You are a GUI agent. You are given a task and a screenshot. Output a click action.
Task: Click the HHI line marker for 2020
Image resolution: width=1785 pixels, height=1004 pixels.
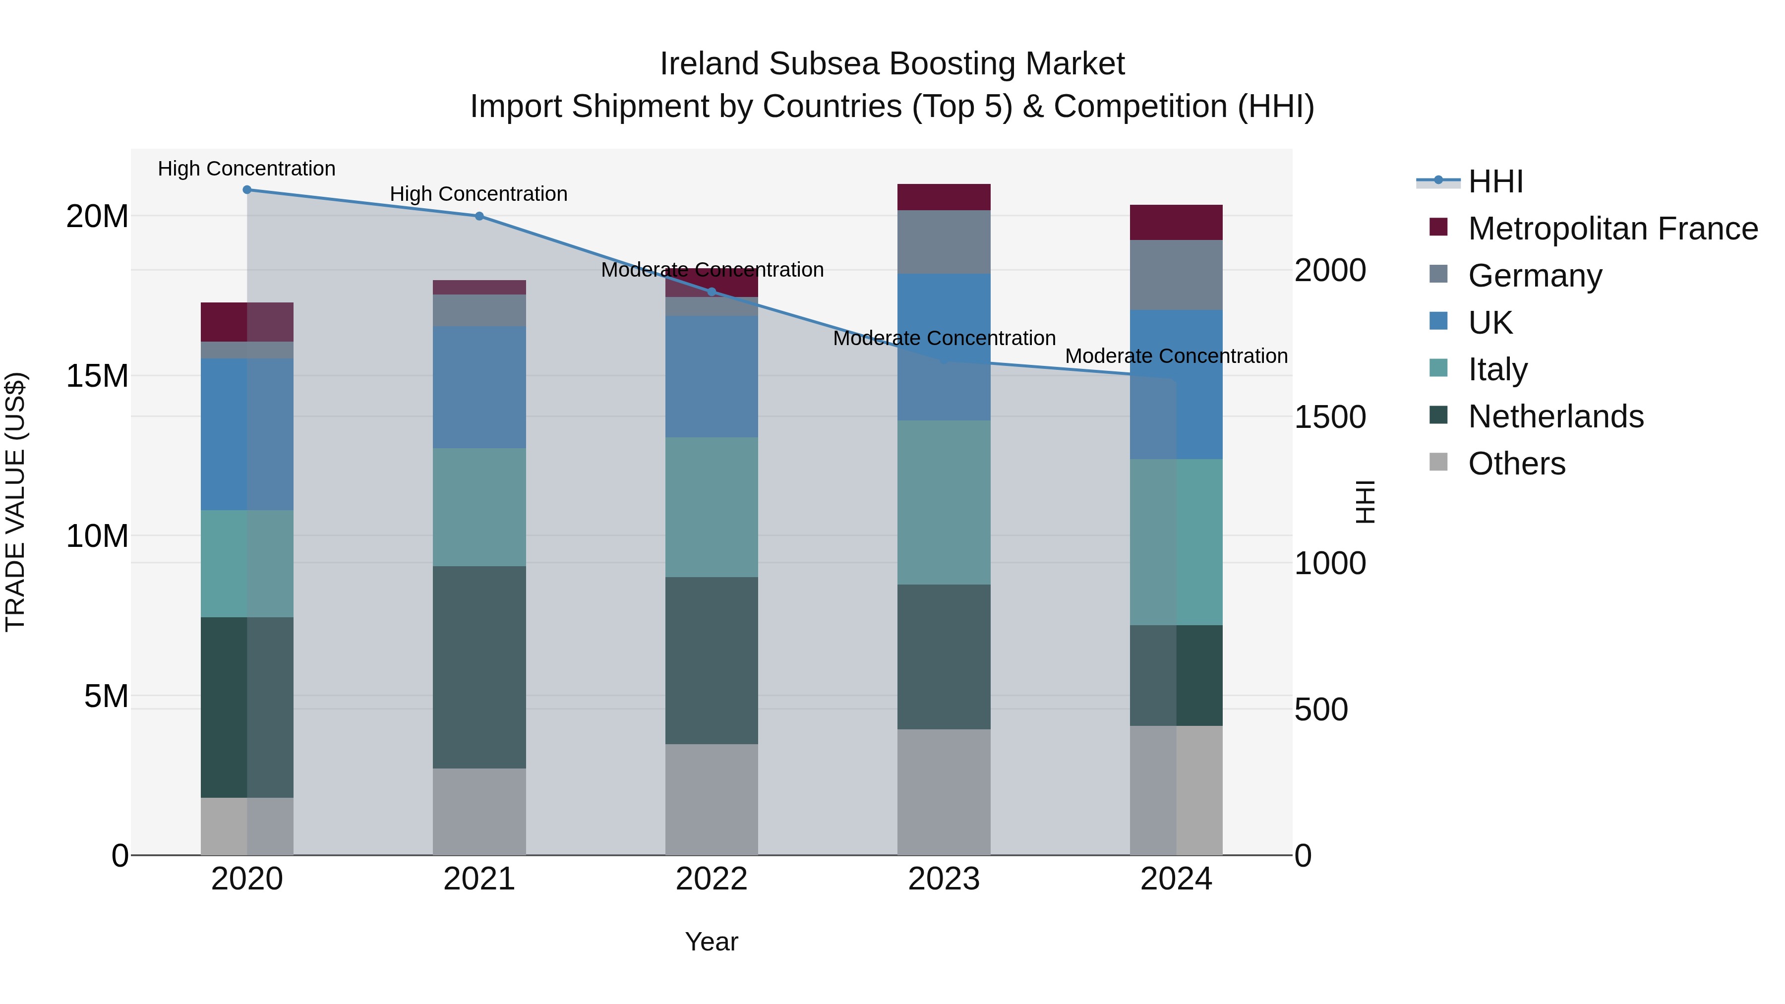coord(247,190)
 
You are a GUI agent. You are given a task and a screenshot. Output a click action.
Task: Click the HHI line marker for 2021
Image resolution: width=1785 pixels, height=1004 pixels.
coord(479,216)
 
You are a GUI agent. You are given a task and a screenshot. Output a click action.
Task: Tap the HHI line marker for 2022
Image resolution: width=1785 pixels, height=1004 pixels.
coord(711,292)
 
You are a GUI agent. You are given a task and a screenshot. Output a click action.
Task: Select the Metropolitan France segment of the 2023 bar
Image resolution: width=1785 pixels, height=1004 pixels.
coord(944,197)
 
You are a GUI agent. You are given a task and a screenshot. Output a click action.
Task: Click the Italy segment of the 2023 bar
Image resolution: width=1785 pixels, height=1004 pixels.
coord(944,502)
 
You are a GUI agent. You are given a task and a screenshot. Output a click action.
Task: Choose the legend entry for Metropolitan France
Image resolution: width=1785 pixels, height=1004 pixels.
coord(1612,229)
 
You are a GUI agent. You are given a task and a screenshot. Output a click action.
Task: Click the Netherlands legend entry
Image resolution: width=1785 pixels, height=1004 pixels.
coord(1555,416)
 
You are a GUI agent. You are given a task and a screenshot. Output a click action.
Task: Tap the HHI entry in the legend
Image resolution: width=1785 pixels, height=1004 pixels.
coord(1495,181)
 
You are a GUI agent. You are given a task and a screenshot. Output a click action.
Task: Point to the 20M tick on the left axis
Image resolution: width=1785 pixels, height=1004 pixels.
coord(97,217)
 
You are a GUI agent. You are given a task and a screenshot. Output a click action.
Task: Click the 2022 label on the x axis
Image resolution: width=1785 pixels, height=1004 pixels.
coord(711,879)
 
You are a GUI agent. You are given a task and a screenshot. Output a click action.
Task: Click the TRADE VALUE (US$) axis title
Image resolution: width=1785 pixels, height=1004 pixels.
coord(15,502)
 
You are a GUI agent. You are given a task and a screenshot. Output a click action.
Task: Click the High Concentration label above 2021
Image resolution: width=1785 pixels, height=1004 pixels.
coord(479,194)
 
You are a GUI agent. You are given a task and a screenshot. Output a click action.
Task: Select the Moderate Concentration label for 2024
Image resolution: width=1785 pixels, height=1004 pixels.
coord(1176,356)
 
